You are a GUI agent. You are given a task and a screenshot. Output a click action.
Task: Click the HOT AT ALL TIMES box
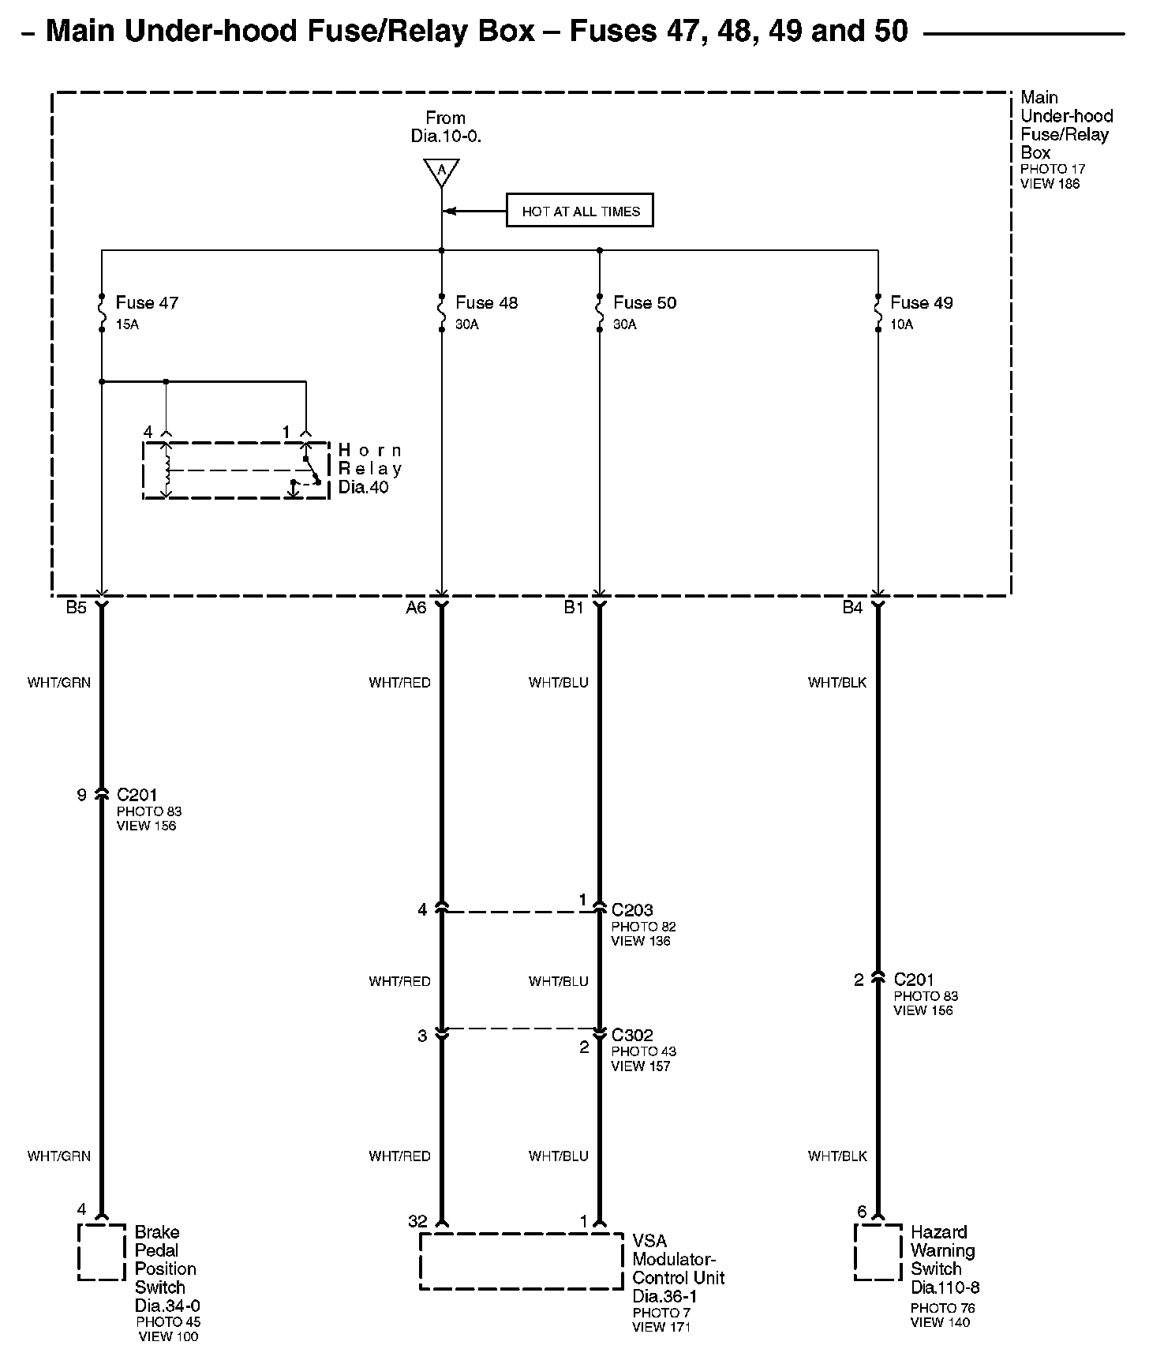(x=580, y=211)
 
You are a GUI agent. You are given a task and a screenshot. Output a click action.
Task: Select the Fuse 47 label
(x=147, y=302)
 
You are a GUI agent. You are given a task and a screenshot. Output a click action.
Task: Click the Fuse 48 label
(x=487, y=302)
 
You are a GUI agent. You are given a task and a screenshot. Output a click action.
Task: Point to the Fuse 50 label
(x=645, y=302)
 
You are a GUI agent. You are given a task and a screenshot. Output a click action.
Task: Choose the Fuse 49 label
(x=921, y=302)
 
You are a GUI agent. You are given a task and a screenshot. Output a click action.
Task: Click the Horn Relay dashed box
(x=236, y=470)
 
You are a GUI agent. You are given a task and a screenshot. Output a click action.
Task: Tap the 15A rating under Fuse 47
(x=127, y=324)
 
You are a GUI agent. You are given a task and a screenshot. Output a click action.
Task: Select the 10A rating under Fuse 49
(x=902, y=324)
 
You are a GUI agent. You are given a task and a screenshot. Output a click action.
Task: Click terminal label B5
(x=76, y=608)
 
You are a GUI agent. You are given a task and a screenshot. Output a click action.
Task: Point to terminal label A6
(x=416, y=608)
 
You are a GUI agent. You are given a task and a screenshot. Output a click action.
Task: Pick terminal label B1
(x=574, y=608)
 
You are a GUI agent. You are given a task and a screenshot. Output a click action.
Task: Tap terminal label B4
(x=852, y=608)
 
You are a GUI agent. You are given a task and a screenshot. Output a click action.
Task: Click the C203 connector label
(x=632, y=910)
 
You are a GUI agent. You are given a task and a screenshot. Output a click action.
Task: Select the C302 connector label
(x=632, y=1035)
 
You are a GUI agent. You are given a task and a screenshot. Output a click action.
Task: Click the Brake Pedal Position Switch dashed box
(x=102, y=1252)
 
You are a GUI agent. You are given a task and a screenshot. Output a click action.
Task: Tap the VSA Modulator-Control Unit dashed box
(x=522, y=1261)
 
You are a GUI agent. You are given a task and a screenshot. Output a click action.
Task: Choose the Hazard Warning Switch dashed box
(x=878, y=1252)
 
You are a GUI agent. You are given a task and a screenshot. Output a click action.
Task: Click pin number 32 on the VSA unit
(x=417, y=1221)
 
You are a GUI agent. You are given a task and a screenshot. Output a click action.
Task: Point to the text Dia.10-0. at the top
(x=446, y=136)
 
